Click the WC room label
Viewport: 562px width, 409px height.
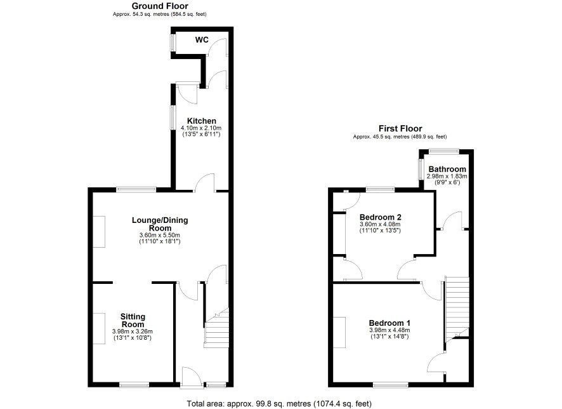point(202,40)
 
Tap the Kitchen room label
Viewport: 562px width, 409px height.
point(202,121)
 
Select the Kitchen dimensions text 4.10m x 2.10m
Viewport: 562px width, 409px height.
point(201,128)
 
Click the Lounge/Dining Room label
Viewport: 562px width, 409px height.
point(160,224)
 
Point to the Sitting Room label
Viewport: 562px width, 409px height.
point(133,320)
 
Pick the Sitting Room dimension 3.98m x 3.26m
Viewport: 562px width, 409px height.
point(133,332)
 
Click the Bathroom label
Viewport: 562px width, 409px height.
point(447,170)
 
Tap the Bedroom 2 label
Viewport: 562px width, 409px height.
point(381,217)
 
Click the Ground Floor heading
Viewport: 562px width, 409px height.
point(160,6)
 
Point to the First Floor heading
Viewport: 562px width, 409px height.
point(400,128)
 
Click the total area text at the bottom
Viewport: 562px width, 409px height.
point(279,404)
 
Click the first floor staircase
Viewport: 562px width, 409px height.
point(457,309)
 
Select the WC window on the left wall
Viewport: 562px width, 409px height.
point(172,43)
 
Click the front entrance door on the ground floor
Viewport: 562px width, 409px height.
point(192,377)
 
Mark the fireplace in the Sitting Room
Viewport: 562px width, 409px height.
point(99,328)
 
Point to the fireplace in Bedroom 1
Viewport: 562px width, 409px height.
point(339,333)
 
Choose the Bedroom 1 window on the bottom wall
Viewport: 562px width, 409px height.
point(391,385)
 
